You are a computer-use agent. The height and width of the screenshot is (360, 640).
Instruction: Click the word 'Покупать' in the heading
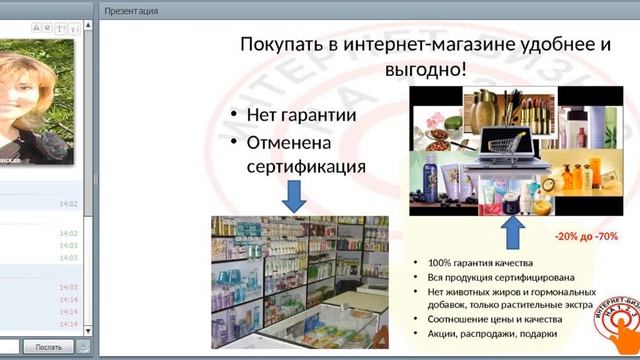pos(281,45)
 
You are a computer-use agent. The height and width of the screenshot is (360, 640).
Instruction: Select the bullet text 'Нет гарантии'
pos(302,116)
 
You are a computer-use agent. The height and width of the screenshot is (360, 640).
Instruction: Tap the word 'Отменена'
pos(290,142)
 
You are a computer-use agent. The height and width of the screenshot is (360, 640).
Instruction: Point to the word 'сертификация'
pos(306,166)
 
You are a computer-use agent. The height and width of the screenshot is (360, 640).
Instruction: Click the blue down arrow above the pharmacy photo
pos(294,196)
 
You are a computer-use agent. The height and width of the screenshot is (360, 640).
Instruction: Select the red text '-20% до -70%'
pos(586,237)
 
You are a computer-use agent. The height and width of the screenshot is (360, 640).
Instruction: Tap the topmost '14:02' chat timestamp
pos(68,204)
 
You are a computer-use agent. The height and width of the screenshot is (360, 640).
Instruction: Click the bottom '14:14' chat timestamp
pos(68,324)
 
